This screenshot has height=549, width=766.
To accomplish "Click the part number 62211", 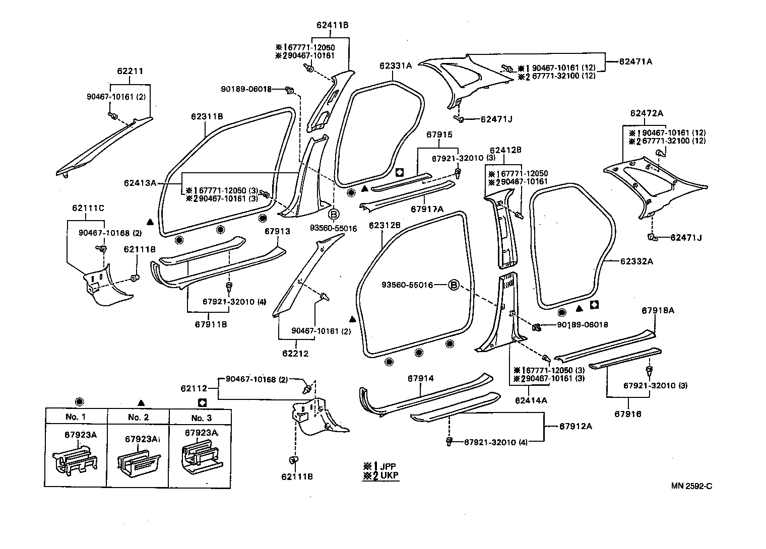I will point(130,71).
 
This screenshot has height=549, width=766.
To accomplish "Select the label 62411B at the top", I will point(333,25).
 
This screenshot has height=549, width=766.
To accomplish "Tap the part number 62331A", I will point(396,65).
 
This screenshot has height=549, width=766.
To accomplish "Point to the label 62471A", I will point(635,61).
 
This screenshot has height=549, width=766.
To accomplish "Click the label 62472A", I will point(647,113).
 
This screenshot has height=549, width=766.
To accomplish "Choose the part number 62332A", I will point(636,261).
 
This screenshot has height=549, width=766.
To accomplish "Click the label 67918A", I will point(658,311).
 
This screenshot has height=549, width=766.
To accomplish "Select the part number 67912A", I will point(576,426).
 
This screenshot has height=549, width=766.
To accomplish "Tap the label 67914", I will point(421,378).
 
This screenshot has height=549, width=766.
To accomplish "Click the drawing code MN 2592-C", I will point(691,486).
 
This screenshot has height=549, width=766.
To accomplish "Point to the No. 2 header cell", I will point(138,417).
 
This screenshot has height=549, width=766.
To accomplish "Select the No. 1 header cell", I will point(76,417).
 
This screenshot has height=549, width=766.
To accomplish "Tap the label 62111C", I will point(88,208).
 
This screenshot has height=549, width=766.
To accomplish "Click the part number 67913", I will point(278,231).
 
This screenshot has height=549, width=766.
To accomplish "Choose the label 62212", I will point(295,354).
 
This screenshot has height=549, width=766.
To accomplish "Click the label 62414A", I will point(531,400).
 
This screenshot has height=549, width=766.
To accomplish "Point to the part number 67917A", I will point(427,209).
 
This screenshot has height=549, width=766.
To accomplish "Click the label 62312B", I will point(385,225).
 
